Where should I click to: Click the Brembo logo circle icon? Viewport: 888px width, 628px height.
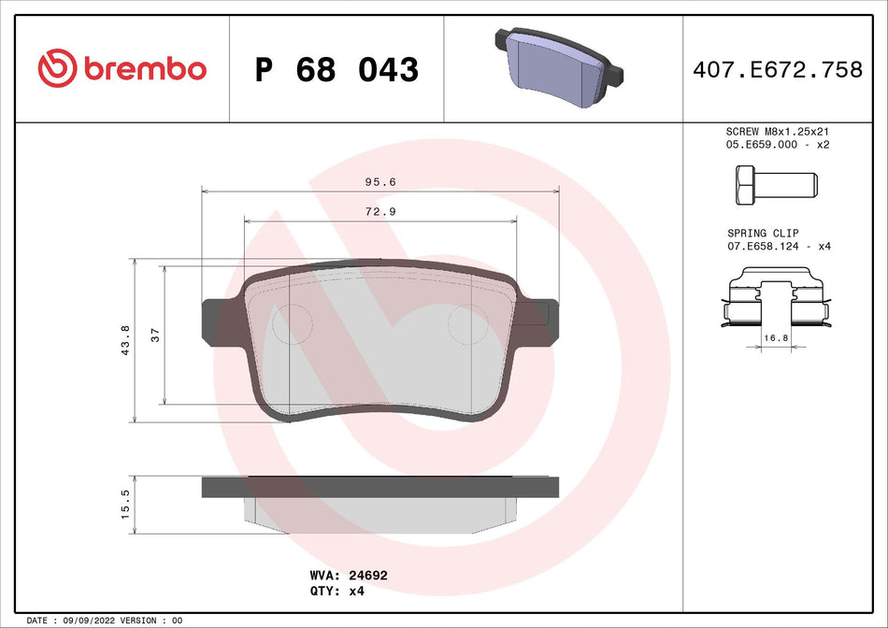[x=57, y=68]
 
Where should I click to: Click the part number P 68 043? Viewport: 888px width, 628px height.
[x=337, y=69]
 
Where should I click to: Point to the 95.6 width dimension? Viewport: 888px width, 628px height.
[x=380, y=183]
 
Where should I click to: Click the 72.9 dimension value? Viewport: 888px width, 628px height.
[x=380, y=211]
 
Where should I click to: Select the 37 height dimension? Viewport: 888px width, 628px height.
[x=156, y=335]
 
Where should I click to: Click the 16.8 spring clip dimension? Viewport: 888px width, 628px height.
[x=774, y=336]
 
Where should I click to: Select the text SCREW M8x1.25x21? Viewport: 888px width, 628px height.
[x=778, y=133]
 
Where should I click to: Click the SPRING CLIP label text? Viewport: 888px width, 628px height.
[x=763, y=234]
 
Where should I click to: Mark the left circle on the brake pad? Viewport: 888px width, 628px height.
[x=291, y=323]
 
